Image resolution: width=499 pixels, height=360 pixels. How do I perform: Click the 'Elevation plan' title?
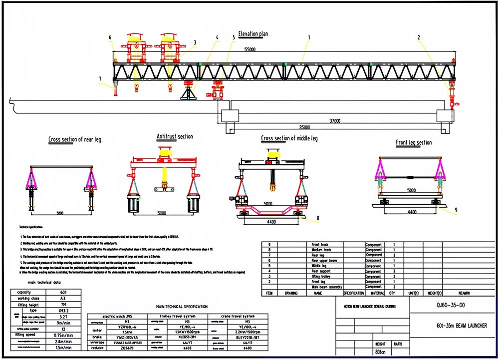tap(253, 34)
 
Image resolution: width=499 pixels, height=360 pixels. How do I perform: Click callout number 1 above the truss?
tap(309, 37)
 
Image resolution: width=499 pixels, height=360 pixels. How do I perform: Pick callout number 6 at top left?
tap(110, 37)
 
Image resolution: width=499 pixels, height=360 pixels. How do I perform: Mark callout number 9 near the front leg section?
tap(456, 210)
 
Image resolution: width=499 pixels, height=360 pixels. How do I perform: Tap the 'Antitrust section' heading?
tap(174, 136)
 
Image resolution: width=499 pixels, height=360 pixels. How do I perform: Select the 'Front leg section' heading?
tap(414, 143)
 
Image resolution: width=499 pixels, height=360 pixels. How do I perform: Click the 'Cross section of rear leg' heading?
tap(74, 140)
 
